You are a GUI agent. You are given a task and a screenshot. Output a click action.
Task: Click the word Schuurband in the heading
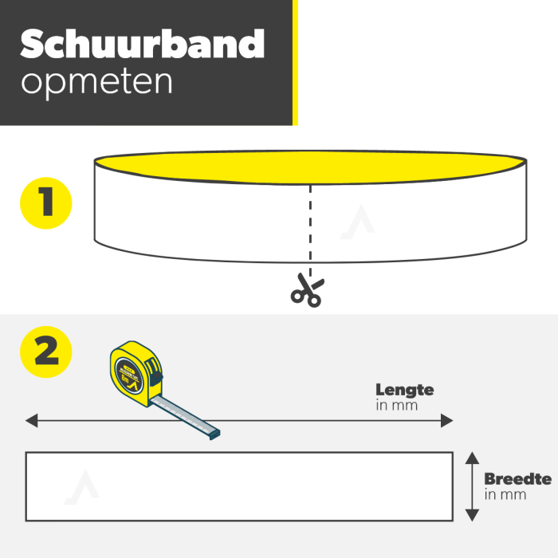[142, 45]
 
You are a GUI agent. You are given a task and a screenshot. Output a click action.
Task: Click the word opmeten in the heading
[96, 82]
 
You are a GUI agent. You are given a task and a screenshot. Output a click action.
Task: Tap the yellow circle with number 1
[45, 203]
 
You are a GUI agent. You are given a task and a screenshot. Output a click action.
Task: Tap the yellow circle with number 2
[45, 352]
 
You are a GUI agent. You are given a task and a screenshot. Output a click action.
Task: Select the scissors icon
[305, 291]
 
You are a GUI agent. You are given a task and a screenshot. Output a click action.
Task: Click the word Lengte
[405, 390]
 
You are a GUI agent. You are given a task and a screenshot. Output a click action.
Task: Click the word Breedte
[517, 479]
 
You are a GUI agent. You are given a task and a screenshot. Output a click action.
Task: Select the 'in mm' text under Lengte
[396, 405]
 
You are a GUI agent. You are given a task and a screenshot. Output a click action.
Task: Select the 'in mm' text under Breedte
[505, 494]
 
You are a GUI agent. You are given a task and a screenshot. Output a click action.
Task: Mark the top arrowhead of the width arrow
[472, 458]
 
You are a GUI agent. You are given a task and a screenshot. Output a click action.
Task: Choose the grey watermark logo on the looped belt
[356, 224]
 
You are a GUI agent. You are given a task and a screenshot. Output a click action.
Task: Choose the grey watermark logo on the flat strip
[81, 487]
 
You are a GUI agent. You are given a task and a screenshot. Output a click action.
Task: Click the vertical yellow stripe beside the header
[295, 62]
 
